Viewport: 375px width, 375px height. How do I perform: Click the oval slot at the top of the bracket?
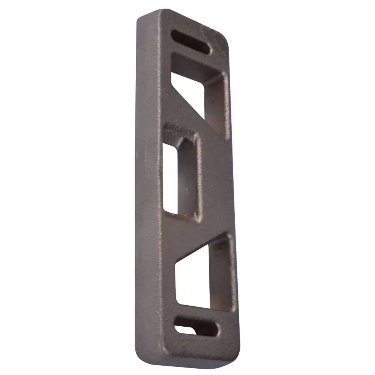190,41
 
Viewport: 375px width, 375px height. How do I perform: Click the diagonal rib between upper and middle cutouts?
187,120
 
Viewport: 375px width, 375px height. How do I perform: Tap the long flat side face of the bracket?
148,187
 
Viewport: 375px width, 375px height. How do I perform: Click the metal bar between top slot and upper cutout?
195,56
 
